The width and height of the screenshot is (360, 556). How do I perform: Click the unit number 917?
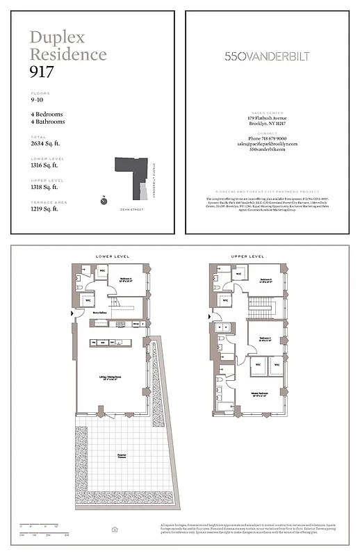click(x=42, y=71)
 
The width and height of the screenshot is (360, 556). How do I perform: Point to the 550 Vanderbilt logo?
click(x=267, y=56)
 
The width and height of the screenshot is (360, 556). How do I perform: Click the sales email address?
click(x=267, y=144)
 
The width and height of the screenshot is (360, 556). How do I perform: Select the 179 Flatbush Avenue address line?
click(x=267, y=118)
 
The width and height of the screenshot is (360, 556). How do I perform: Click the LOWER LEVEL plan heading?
click(x=110, y=256)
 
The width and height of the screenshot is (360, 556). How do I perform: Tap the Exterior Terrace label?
click(x=122, y=457)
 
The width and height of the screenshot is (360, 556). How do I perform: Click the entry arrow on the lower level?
click(x=73, y=313)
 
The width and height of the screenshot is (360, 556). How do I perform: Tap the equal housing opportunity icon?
click(x=115, y=530)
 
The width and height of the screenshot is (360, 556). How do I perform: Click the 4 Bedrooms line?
click(x=47, y=114)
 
